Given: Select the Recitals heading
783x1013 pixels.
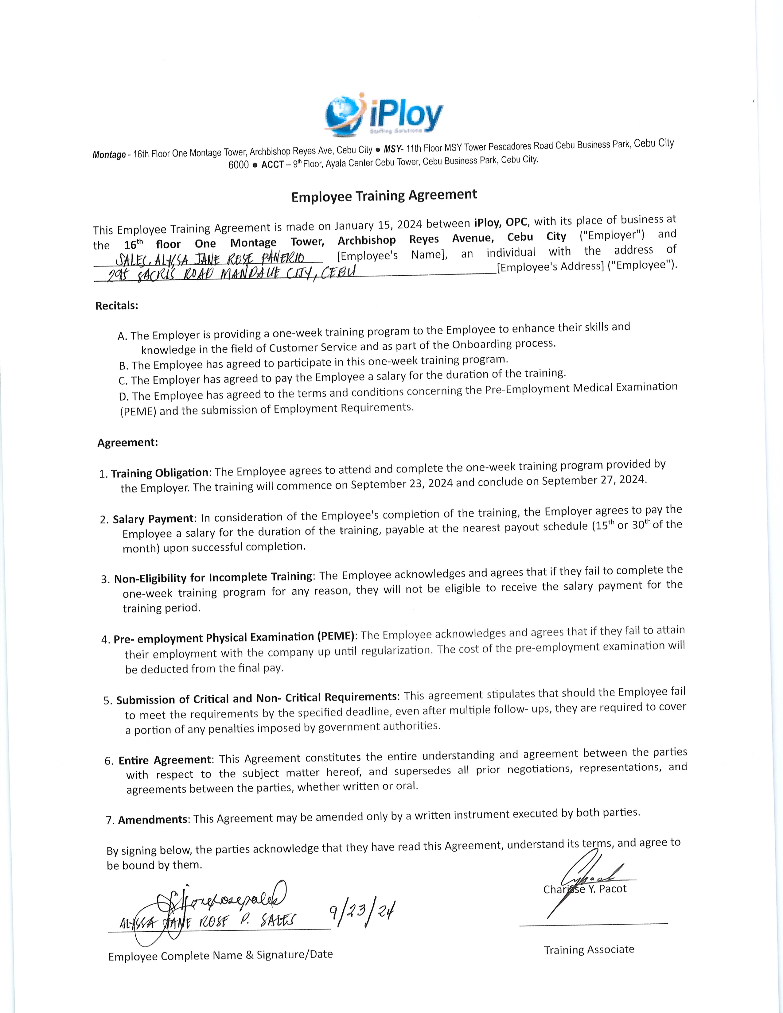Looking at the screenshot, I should (x=117, y=306).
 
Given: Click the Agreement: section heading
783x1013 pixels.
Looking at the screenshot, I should (x=127, y=442).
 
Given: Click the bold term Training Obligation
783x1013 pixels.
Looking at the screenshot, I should (x=160, y=473).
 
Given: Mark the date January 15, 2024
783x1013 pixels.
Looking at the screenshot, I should (x=378, y=225).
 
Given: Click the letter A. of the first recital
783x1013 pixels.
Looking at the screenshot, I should (x=123, y=336).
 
